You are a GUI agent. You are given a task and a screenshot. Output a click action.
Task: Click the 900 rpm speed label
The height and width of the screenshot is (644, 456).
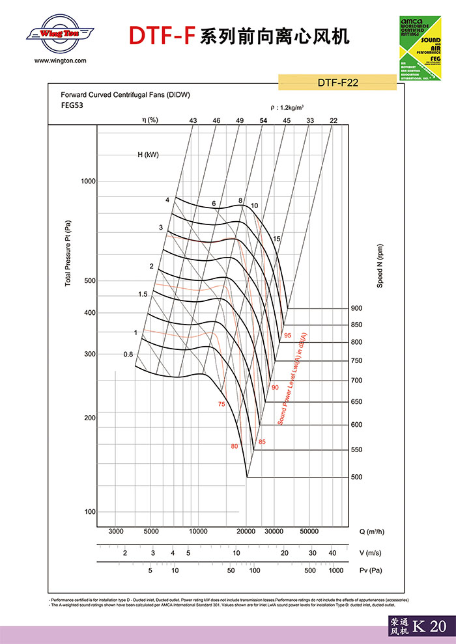tap(356, 308)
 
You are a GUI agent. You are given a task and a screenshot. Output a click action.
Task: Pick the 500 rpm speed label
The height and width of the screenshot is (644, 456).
tap(356, 477)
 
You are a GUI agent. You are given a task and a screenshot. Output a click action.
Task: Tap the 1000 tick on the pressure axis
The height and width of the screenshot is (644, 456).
tap(89, 181)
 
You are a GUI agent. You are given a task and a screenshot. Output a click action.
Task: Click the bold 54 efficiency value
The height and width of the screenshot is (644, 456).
tap(264, 121)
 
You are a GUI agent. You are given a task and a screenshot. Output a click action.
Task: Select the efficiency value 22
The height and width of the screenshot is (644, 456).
tap(334, 121)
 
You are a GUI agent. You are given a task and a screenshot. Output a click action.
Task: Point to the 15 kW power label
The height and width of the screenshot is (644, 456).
tap(276, 239)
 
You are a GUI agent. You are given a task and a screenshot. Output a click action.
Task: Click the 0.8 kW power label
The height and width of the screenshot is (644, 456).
tap(128, 354)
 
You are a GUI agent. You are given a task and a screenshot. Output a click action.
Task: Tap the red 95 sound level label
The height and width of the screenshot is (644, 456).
tap(287, 335)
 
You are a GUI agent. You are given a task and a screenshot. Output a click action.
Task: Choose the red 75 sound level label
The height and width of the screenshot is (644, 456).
tap(221, 405)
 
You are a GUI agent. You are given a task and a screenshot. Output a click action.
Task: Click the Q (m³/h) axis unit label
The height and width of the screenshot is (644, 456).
tap(372, 531)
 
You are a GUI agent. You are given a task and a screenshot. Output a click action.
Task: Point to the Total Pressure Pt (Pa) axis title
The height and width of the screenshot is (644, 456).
tap(67, 254)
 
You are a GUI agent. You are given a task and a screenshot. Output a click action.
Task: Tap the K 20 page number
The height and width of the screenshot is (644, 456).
tap(429, 626)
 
